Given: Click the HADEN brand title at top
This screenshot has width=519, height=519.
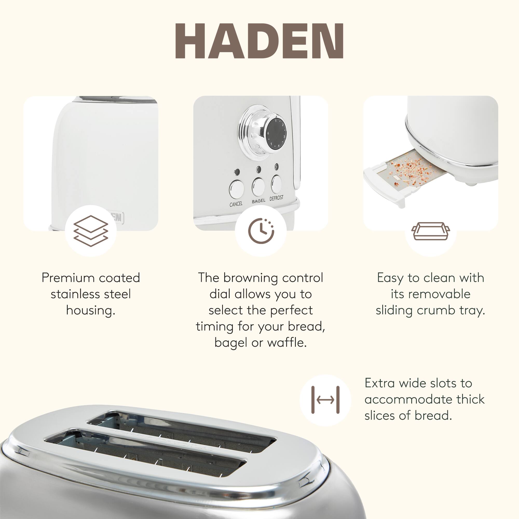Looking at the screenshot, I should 259,41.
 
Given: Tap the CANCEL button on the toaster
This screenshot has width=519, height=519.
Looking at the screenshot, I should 236,189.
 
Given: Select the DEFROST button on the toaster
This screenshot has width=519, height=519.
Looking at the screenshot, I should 276,184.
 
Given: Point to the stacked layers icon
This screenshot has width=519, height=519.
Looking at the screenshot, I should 91,231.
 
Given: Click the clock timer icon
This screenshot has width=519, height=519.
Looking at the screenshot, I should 261,231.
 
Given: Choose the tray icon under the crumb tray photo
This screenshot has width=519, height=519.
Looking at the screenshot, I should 431,231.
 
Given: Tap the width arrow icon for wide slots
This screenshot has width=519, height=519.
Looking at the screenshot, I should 325,400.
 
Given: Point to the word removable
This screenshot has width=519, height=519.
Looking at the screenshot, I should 430,294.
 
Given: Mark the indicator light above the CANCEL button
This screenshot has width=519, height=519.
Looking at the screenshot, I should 237,172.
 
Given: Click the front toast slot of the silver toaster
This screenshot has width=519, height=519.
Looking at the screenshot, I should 145,454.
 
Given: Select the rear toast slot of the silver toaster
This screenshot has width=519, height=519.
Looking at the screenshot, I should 183,430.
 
